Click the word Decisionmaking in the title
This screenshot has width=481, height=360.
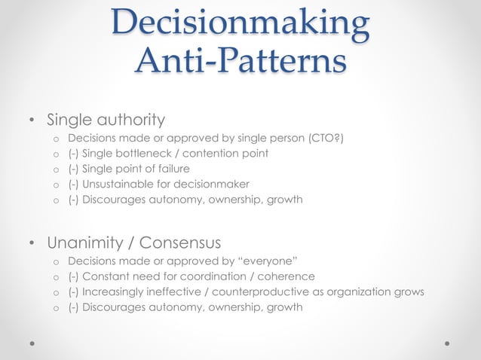pyautogui.click(x=240, y=23)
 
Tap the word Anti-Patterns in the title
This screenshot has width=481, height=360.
pyautogui.click(x=240, y=62)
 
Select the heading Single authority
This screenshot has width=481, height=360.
pyautogui.click(x=106, y=119)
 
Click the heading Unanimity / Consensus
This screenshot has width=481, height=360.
pyautogui.click(x=133, y=243)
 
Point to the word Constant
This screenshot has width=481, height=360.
pyautogui.click(x=104, y=276)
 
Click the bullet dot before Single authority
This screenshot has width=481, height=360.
pyautogui.click(x=31, y=120)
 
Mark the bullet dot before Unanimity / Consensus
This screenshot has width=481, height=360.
pyautogui.click(x=31, y=243)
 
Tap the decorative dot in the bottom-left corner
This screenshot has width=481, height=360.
pyautogui.click(x=32, y=343)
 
